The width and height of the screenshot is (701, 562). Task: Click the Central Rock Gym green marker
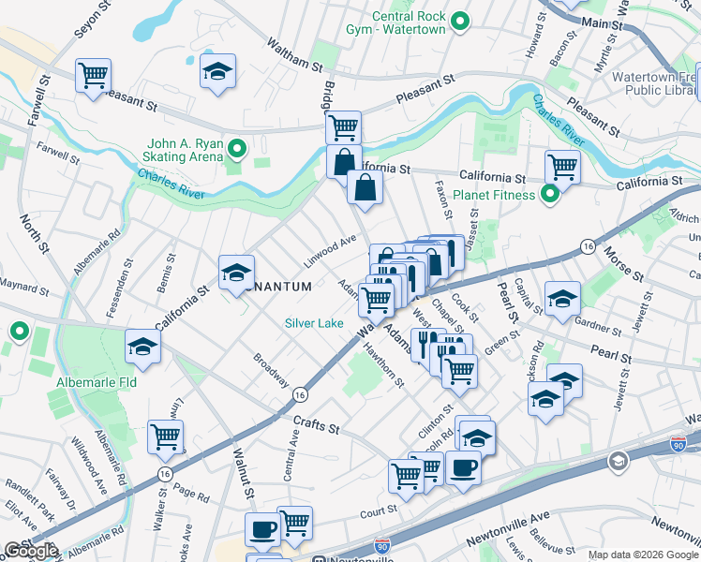460,21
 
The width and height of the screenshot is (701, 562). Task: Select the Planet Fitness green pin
550,195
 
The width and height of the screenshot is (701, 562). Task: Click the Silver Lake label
315,323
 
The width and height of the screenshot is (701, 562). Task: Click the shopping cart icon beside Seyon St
93,74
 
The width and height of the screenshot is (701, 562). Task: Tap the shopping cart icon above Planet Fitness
562,166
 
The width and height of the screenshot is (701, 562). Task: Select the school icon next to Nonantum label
236,272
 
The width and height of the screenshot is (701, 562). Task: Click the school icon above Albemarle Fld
143,345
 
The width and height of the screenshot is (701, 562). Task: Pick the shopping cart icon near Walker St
165,435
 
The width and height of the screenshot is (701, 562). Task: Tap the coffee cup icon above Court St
462,466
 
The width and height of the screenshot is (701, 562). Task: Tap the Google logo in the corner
31,552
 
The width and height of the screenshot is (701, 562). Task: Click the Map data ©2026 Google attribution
643,555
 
